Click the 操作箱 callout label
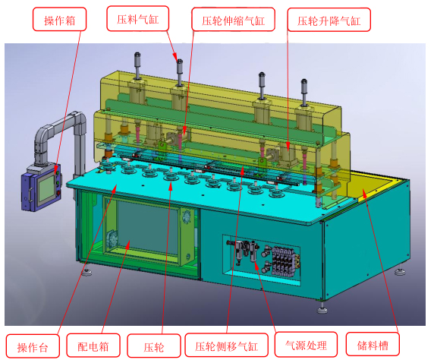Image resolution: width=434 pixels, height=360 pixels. click(x=59, y=19)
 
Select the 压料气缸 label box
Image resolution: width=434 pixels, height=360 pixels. click(x=137, y=18)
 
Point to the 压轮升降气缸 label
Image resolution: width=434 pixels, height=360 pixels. click(x=329, y=20)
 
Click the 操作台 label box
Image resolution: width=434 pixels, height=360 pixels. click(x=33, y=346)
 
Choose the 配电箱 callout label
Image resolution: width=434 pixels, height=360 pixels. click(x=93, y=346)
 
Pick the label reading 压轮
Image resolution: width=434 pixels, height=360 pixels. click(x=153, y=346)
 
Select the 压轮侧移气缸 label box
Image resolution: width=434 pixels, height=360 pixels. click(x=226, y=345)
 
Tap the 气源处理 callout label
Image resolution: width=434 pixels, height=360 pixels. click(x=306, y=344)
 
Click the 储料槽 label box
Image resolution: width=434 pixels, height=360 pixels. click(x=373, y=344)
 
